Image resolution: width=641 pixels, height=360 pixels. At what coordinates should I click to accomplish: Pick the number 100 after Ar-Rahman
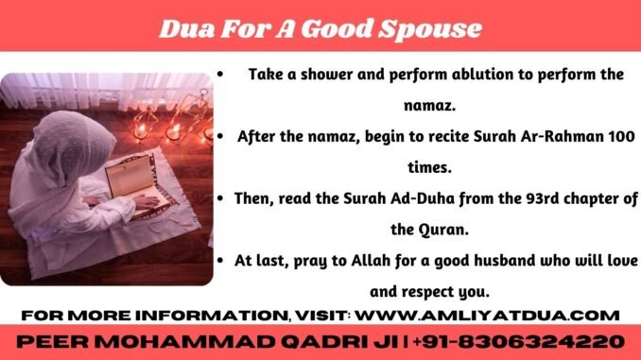619,137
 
